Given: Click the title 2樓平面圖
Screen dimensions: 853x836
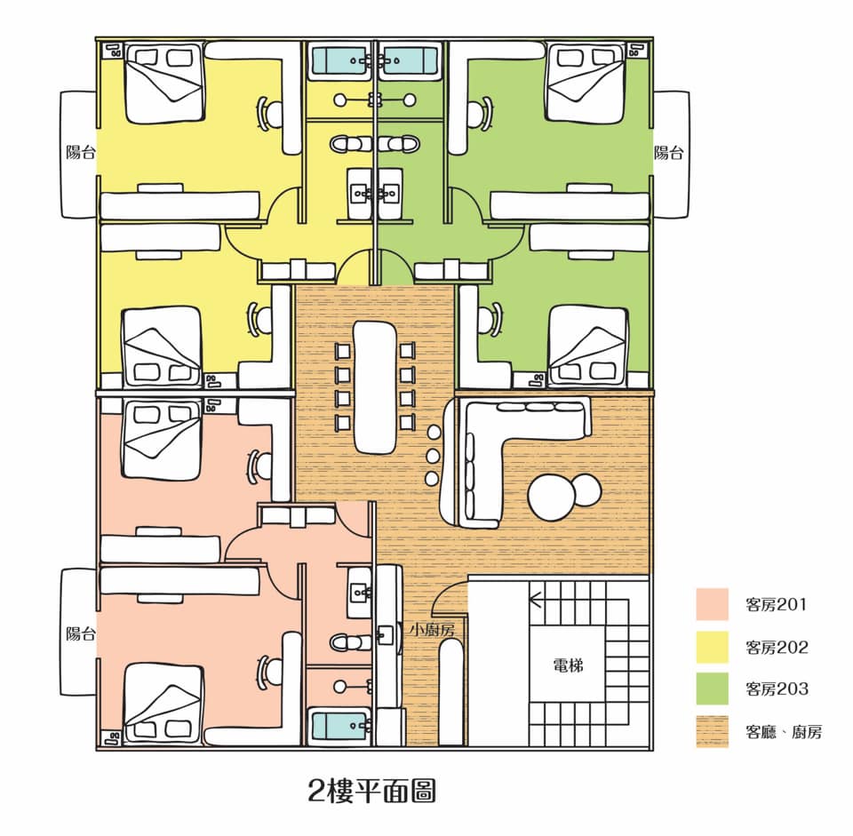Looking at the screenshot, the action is point(371,791).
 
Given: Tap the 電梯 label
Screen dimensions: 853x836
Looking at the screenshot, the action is point(568,665).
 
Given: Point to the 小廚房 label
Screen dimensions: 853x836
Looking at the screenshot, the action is point(433,630).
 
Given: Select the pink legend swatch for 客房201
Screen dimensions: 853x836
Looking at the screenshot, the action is point(712,604).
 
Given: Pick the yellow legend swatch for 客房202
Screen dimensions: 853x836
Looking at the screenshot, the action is point(712,646).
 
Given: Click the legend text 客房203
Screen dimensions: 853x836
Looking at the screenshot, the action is point(777,689).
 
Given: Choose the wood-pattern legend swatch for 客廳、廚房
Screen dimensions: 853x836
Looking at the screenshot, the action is point(712,731).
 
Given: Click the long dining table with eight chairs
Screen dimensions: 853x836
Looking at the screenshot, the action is point(375,386).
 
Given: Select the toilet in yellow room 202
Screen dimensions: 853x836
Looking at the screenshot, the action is point(351,145).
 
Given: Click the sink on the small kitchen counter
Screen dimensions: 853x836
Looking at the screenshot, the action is point(386,634).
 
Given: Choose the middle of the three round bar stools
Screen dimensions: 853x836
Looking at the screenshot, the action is point(433,455).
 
